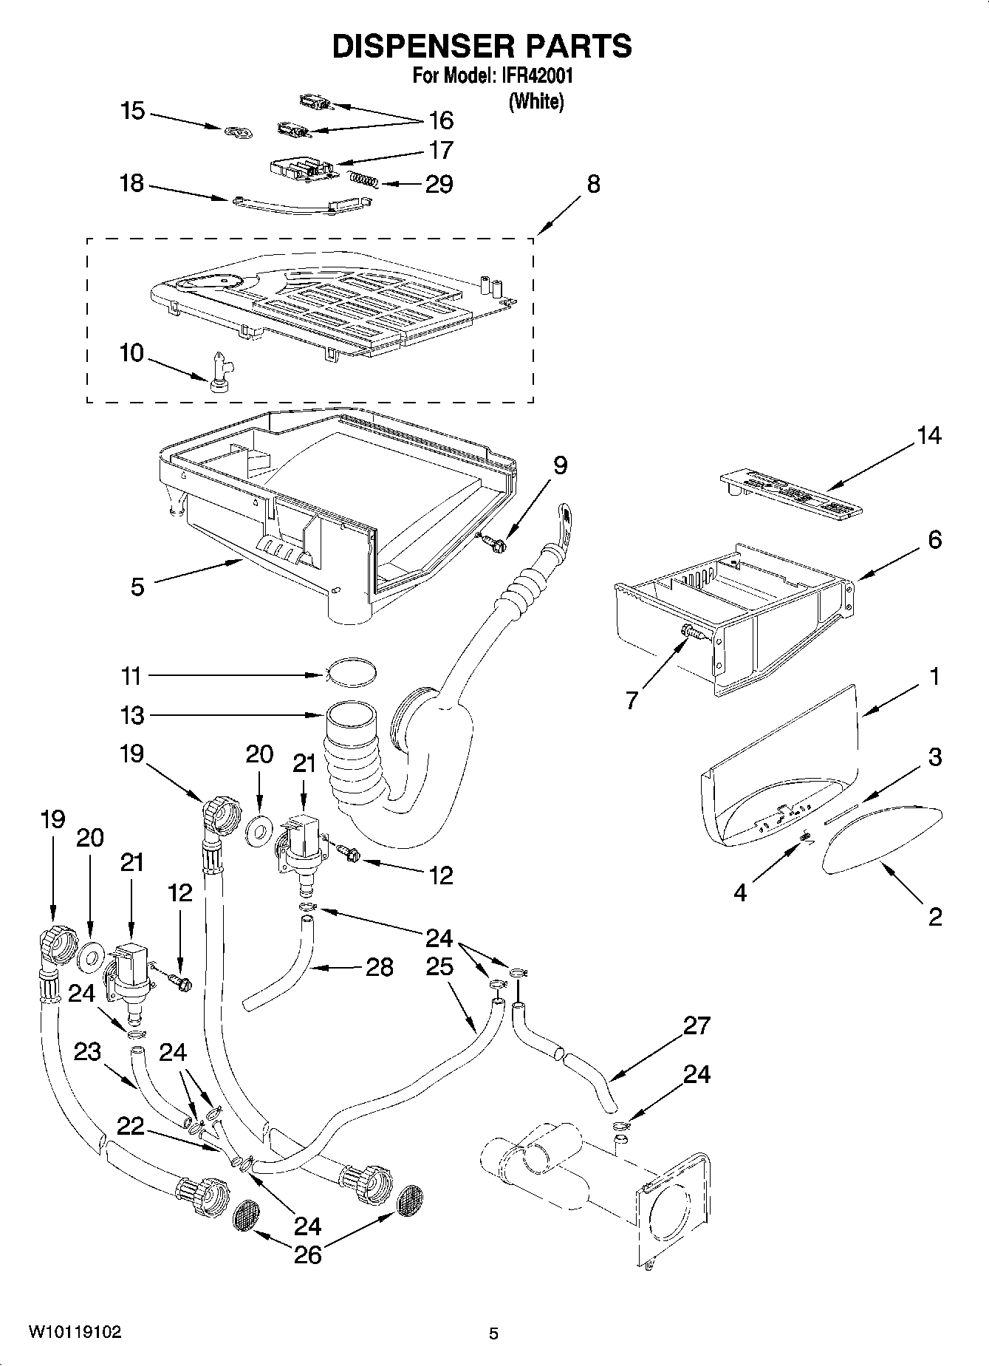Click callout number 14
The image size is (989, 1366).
click(x=929, y=436)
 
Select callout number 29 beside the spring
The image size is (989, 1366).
click(x=439, y=184)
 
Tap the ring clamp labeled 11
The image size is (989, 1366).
click(x=352, y=672)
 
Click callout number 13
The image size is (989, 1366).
click(x=132, y=715)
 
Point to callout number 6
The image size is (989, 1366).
click(x=934, y=540)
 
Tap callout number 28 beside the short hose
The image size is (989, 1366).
click(x=380, y=967)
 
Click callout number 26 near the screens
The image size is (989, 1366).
click(x=307, y=1254)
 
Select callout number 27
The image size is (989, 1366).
click(x=697, y=1025)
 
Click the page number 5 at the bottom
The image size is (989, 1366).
click(x=493, y=1333)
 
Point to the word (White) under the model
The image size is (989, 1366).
click(x=535, y=102)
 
